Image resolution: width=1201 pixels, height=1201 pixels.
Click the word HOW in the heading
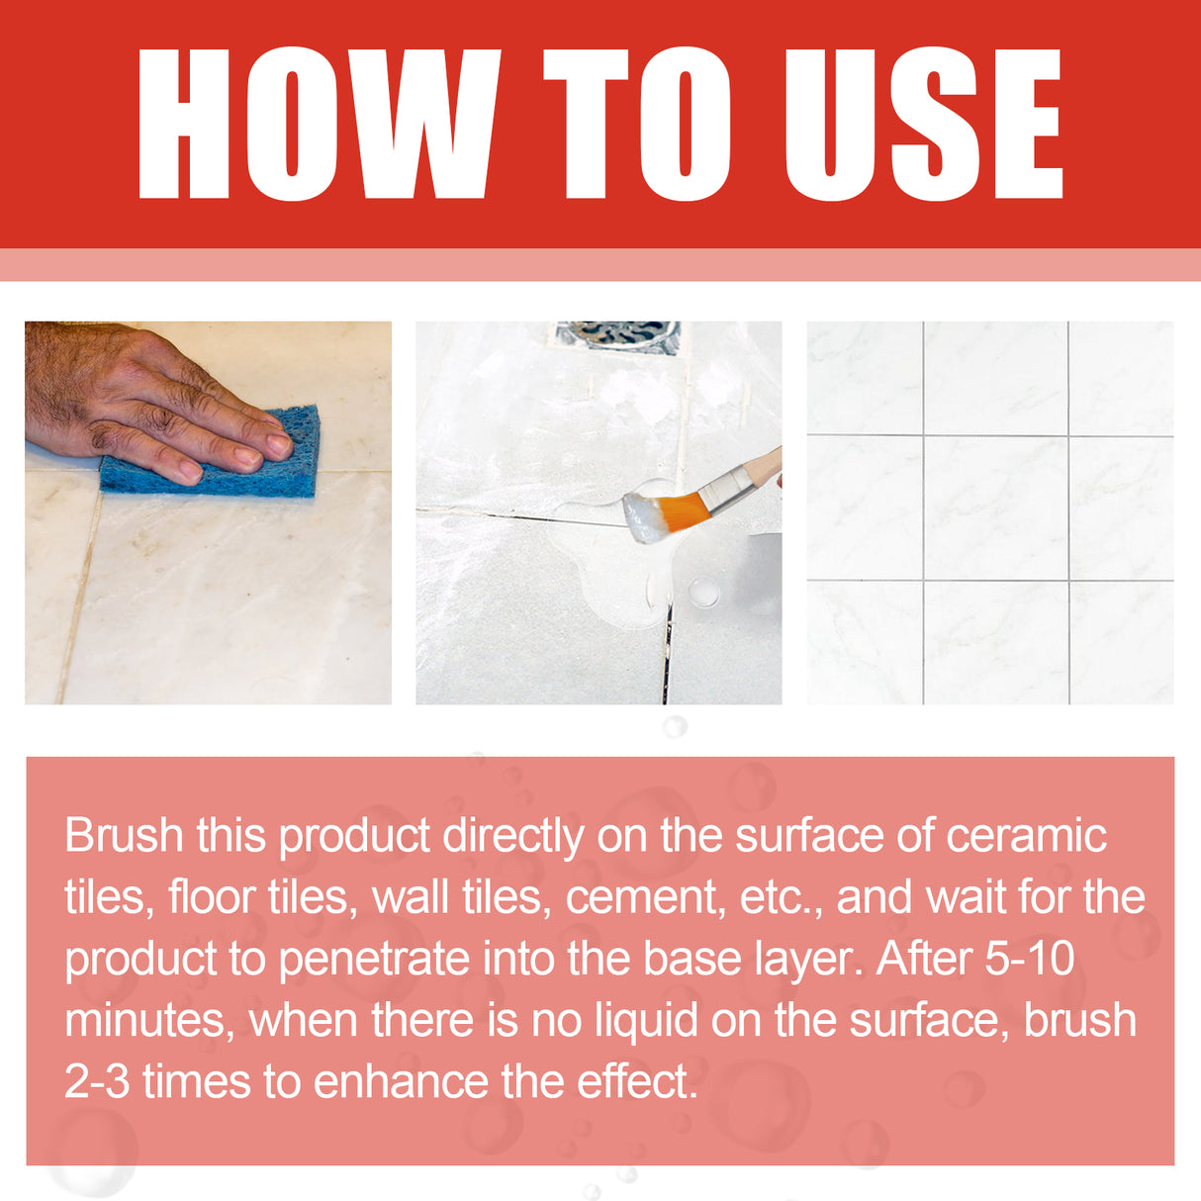[x=317, y=124]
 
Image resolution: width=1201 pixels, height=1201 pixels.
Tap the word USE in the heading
[x=922, y=124]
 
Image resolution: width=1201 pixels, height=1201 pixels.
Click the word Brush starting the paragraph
[x=124, y=836]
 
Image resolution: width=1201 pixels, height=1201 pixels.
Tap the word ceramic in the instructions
[x=1025, y=836]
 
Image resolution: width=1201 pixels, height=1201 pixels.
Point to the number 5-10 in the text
[x=1029, y=960]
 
